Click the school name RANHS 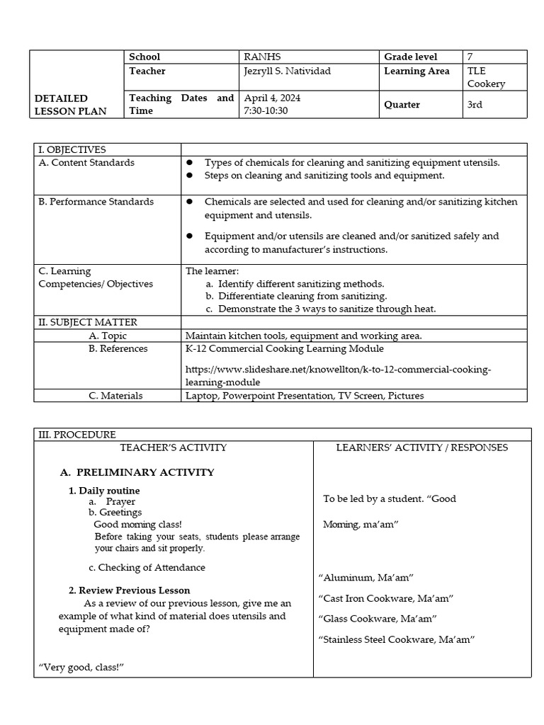click(259, 57)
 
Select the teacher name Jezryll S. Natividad click(287, 71)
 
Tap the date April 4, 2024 click(271, 98)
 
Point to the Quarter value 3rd click(476, 104)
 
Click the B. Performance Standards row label click(96, 202)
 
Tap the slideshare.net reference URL click(338, 376)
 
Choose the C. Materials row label click(115, 396)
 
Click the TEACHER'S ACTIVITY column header click(174, 447)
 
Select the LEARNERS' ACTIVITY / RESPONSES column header click(421, 447)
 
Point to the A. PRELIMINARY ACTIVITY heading click(137, 472)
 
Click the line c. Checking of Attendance click(147, 567)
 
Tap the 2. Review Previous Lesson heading click(129, 590)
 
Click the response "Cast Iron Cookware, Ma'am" click(386, 598)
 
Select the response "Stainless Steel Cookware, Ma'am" click(397, 639)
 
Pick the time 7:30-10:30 click(266, 111)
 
